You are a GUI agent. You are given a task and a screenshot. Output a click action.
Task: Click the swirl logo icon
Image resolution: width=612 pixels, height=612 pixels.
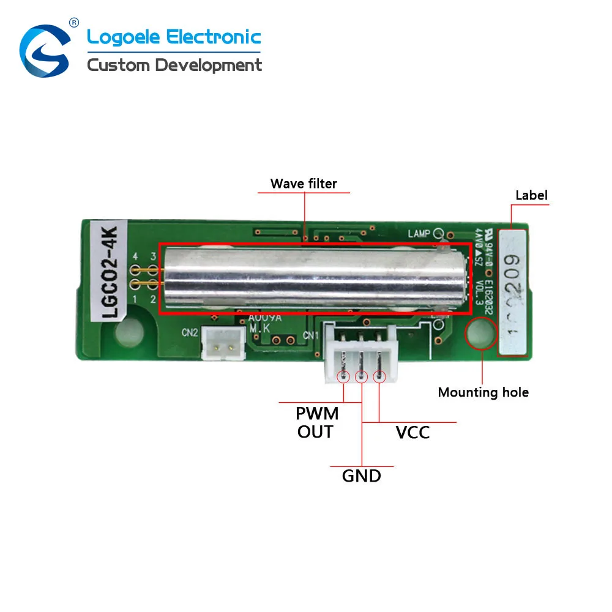[x=45, y=51]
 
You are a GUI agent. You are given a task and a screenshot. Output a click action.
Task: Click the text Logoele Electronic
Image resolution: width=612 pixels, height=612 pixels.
[x=174, y=37]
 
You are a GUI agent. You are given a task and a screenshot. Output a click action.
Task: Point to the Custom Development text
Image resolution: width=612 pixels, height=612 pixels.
[x=174, y=65]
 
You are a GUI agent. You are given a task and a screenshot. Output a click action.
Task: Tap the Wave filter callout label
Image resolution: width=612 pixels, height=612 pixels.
[x=304, y=183]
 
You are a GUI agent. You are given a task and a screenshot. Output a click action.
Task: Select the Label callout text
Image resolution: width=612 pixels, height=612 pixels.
[x=531, y=195]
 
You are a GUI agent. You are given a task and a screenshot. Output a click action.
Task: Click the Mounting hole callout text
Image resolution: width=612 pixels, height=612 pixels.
[x=483, y=392]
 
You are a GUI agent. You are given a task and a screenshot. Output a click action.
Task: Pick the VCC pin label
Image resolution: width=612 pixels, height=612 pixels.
[x=412, y=433]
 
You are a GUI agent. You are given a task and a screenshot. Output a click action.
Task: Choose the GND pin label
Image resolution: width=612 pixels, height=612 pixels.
[x=361, y=475]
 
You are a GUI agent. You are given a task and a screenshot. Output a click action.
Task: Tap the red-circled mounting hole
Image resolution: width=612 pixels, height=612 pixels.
[x=481, y=334]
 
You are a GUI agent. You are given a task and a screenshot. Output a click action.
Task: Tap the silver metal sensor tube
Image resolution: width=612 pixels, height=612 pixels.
[x=312, y=278]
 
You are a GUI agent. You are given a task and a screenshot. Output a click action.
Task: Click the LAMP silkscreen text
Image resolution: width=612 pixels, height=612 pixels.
[x=420, y=234]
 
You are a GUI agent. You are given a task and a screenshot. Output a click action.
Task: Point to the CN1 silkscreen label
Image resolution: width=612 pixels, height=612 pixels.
[x=311, y=335]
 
